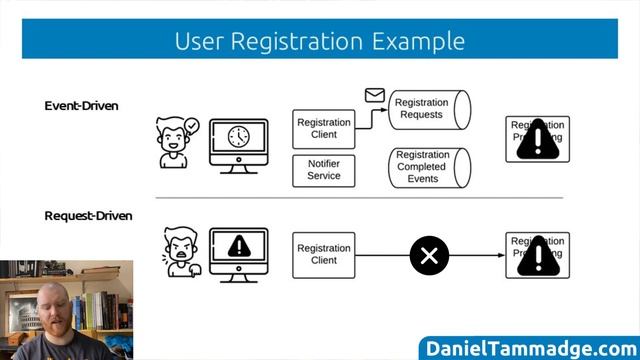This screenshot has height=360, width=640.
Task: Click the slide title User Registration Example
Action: coord(319,40)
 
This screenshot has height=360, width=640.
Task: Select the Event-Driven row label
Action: coord(82,105)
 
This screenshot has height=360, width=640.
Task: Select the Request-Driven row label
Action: coord(88,215)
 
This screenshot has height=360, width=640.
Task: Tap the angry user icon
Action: coord(181,253)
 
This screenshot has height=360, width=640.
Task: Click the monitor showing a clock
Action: coord(238,142)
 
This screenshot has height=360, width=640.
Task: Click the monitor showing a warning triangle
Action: coord(238,251)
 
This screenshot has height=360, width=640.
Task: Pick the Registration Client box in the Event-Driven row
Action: coord(324,128)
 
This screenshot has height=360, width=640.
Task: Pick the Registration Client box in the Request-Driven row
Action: coord(324,254)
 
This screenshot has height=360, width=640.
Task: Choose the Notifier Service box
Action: coord(324,170)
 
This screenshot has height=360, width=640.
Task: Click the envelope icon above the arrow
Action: coord(374,96)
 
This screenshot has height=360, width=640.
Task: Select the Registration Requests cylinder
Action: coord(428,109)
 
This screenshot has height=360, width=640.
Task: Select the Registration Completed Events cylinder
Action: coord(429,167)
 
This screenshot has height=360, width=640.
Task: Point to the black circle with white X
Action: coord(429,255)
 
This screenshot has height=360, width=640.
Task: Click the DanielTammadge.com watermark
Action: coord(530,347)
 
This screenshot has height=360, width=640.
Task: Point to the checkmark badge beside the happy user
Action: coord(192,126)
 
